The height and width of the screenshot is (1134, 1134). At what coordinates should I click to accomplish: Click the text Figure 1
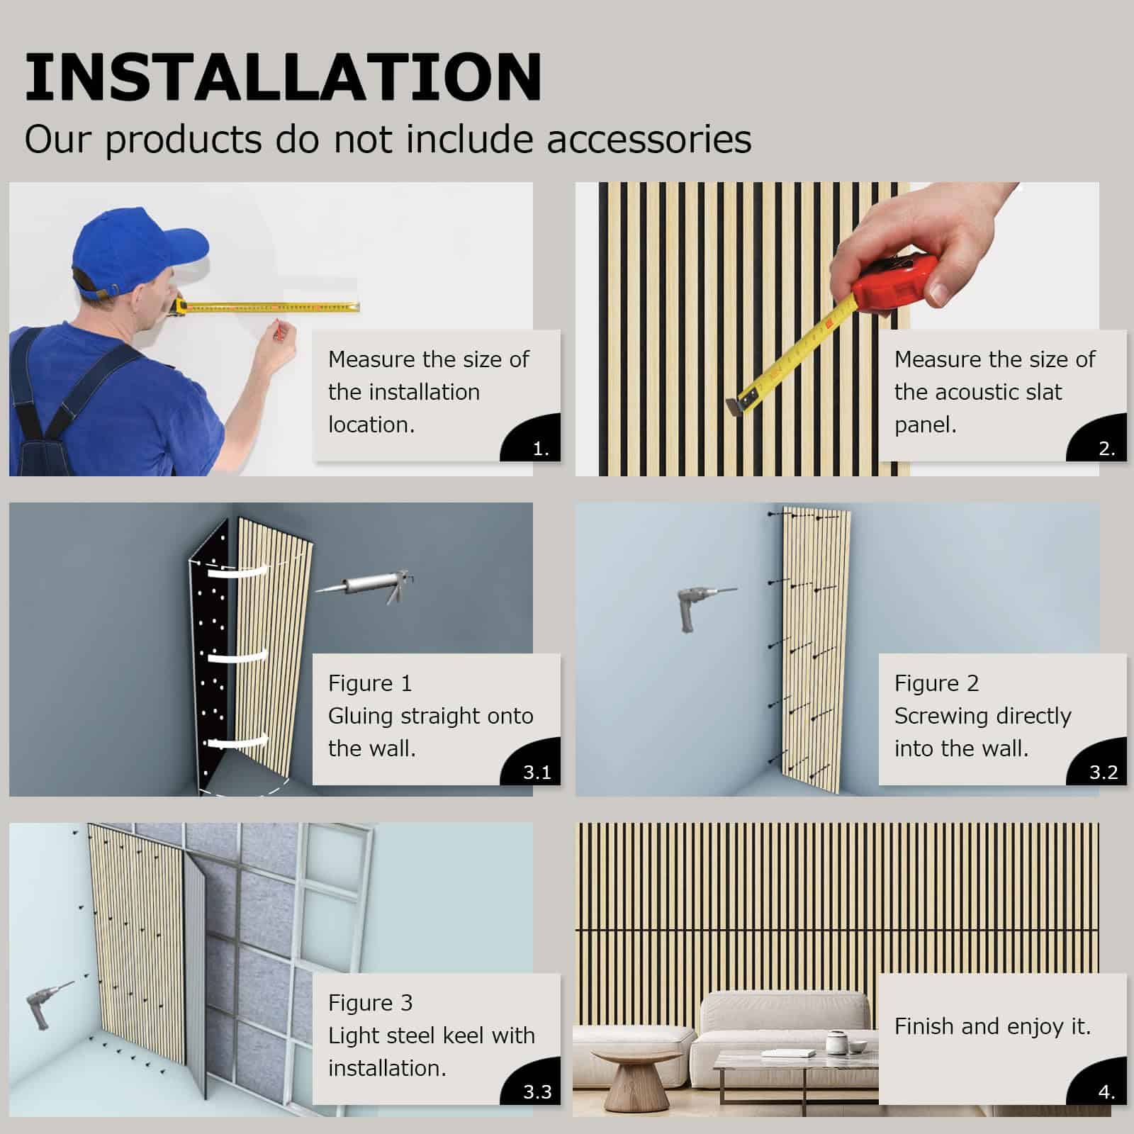point(370,683)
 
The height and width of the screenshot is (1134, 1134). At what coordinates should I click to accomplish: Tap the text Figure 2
point(936,683)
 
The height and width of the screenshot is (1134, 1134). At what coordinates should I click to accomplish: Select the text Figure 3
point(370,1003)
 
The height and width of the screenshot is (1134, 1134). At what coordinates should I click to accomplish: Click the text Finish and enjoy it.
point(992,1026)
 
